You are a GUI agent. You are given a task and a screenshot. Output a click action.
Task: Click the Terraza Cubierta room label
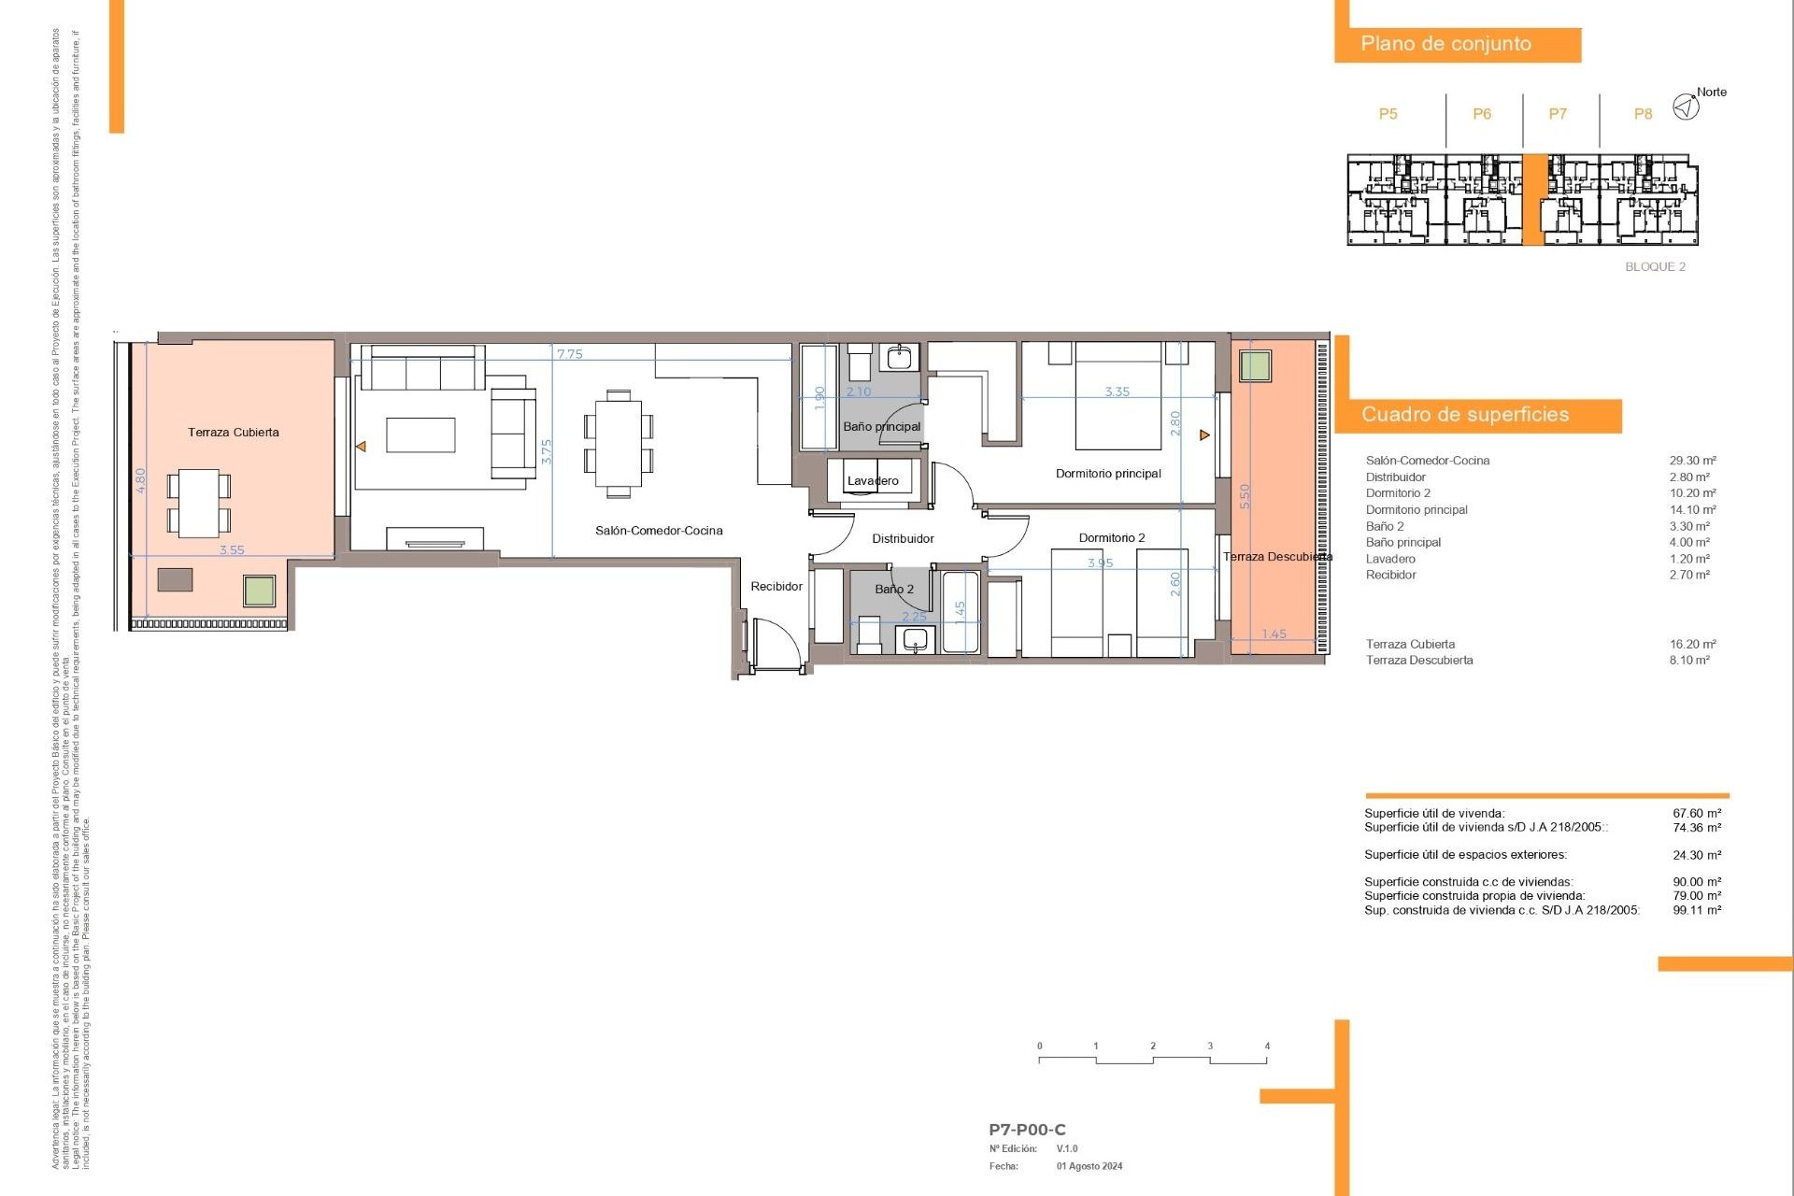tap(233, 433)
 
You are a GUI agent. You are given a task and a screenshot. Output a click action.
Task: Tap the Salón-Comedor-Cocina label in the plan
tap(659, 531)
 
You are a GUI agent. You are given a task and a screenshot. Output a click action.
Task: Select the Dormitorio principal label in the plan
tap(1108, 474)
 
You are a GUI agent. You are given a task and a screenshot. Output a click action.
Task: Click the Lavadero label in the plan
tap(873, 481)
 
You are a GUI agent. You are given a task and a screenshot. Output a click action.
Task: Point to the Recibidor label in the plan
tap(776, 587)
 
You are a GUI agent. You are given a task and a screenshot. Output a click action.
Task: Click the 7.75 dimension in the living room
tap(569, 354)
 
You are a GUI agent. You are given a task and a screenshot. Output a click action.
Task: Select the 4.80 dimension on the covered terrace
tap(141, 481)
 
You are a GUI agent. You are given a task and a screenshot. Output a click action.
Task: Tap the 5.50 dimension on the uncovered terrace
tap(1244, 496)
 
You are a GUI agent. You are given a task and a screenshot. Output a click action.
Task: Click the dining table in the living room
tap(618, 443)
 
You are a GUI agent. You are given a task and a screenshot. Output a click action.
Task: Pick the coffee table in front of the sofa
tap(420, 435)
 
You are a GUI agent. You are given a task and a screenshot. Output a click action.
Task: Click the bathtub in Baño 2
tap(960, 612)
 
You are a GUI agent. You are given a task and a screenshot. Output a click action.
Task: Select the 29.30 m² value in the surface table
tap(1692, 461)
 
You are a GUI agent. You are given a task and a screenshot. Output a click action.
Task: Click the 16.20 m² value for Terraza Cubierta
tap(1692, 644)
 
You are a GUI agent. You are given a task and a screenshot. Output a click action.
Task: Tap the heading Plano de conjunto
tap(1445, 44)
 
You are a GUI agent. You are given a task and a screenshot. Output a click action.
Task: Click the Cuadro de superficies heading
tap(1464, 415)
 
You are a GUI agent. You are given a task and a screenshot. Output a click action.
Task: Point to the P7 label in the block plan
tap(1558, 114)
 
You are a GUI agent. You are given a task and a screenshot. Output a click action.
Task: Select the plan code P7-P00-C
tap(1027, 1130)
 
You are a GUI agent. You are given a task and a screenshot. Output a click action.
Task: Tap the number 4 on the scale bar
tap(1267, 1046)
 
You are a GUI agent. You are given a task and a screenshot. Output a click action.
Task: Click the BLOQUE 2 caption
tap(1655, 267)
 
